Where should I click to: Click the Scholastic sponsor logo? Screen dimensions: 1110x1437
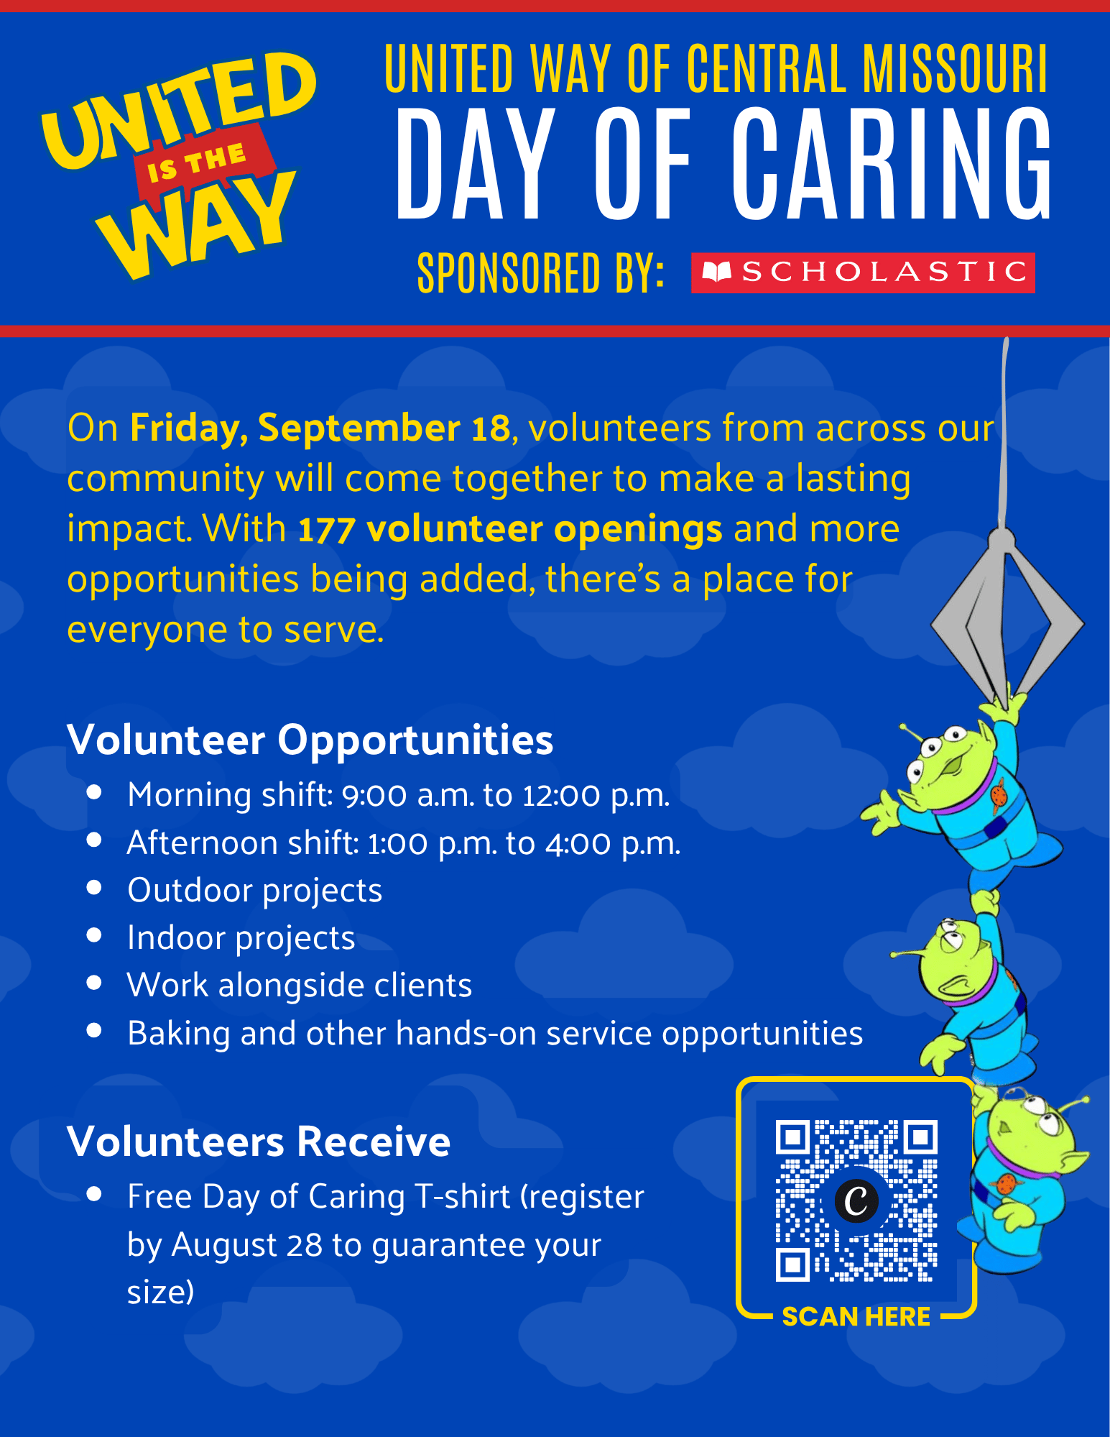coord(863,272)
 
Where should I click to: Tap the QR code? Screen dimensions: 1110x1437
coord(856,1200)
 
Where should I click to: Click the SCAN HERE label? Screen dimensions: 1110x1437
coord(856,1316)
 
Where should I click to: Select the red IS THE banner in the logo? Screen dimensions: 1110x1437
coord(205,162)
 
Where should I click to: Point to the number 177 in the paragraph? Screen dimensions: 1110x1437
coord(326,531)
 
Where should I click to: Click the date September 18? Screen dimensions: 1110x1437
coord(384,428)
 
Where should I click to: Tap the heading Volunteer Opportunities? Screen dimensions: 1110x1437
coord(310,740)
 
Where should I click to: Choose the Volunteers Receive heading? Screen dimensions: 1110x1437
coord(259,1141)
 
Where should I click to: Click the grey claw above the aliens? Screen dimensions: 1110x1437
coord(1007,611)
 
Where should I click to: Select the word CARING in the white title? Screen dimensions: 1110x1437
coord(892,164)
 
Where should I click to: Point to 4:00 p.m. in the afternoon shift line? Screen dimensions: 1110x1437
coord(612,843)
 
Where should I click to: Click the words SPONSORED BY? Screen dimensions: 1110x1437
coord(540,272)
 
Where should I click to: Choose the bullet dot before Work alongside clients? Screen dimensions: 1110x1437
coord(94,983)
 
